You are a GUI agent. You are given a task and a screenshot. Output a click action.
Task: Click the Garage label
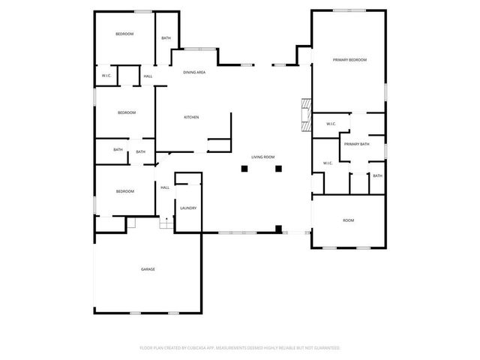[148, 268]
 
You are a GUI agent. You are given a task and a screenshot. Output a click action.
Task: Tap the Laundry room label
[188, 208]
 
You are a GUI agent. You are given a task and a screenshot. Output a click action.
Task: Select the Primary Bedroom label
[349, 59]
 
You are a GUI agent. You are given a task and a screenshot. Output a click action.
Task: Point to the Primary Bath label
[357, 144]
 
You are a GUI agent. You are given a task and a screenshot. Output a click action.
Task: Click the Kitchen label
[191, 117]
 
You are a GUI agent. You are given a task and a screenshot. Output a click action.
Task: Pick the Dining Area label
[195, 72]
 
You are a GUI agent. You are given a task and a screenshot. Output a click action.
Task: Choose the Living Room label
[262, 157]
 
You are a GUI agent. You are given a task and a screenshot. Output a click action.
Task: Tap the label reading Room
[348, 220]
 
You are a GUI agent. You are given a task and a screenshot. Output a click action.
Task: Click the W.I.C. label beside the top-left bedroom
[107, 76]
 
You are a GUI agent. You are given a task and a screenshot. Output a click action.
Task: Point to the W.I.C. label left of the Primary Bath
[328, 163]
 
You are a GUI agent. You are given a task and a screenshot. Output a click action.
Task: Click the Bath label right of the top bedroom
[166, 38]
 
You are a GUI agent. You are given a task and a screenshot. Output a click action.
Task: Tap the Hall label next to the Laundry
[165, 187]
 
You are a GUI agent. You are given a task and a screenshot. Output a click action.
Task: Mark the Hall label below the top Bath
[148, 76]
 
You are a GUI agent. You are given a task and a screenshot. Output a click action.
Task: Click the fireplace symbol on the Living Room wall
[304, 115]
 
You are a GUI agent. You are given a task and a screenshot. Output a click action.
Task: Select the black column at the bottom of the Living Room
[278, 228]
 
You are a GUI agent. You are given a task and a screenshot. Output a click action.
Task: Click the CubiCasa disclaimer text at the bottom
[240, 348]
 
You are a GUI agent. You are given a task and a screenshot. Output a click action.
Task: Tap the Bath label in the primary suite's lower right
[377, 176]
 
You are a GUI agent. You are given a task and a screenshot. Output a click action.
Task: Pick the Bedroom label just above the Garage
[124, 191]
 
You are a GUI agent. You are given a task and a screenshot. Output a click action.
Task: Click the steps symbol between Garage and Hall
[166, 224]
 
